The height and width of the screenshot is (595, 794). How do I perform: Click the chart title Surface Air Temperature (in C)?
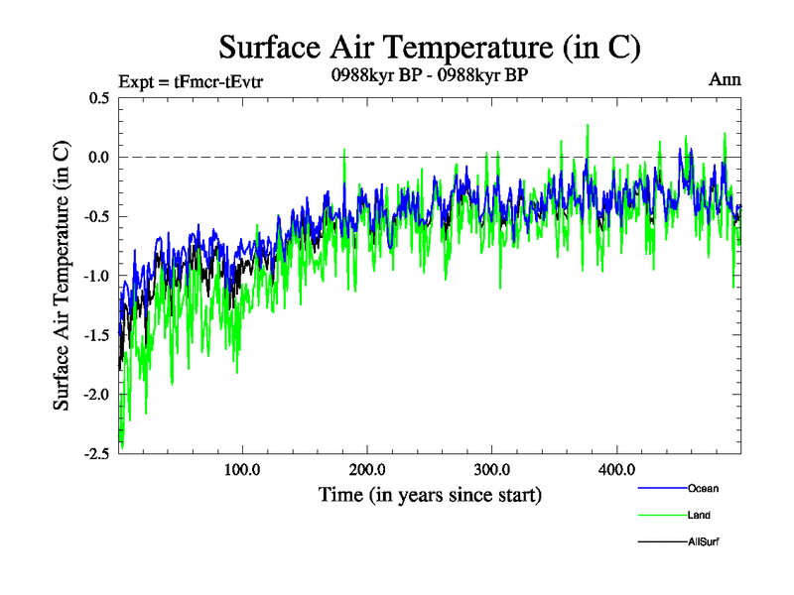click(429, 47)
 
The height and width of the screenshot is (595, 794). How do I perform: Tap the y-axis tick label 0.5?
click(99, 98)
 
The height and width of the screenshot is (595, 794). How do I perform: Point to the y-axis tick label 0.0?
click(99, 158)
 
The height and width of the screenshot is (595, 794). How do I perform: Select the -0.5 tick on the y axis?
click(97, 217)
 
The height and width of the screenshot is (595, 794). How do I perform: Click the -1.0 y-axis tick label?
click(97, 276)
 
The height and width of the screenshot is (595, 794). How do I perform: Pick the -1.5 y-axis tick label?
click(97, 335)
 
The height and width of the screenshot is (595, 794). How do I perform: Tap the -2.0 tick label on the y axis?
click(97, 395)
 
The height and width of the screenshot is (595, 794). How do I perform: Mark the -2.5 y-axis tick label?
click(97, 453)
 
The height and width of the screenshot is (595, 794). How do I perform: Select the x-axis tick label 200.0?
click(367, 469)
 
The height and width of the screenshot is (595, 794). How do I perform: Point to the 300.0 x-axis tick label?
click(492, 469)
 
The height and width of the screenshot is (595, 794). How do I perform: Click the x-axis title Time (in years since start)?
click(430, 494)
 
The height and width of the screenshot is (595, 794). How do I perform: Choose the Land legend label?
click(699, 515)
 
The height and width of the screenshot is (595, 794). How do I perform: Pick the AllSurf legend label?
click(703, 541)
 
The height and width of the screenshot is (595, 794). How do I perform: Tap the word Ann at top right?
click(725, 79)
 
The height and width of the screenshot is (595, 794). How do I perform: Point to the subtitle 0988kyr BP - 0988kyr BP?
click(429, 75)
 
